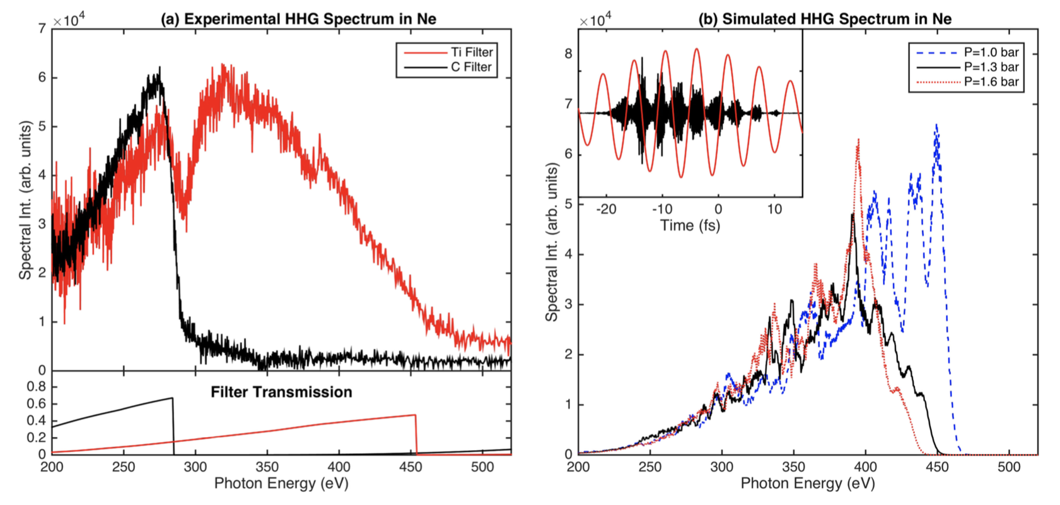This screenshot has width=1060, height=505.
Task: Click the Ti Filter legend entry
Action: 471,52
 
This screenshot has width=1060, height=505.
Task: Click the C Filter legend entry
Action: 471,67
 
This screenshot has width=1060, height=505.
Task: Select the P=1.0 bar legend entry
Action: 991,52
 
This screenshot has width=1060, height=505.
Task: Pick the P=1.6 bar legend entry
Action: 991,81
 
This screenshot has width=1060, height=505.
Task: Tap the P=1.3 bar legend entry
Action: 991,67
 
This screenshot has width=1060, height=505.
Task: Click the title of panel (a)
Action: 298,18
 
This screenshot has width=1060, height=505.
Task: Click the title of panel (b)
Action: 825,18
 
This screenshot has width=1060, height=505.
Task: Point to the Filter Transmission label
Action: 281,392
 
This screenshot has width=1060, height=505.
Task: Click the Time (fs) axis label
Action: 690,225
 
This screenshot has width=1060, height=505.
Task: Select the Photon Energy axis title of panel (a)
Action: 281,484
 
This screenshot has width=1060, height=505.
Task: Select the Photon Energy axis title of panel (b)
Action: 808,484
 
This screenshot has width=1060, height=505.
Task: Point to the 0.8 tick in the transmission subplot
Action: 38,386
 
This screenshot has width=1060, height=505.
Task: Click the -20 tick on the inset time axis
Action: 606,209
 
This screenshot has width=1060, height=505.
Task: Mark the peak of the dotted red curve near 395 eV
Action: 858,141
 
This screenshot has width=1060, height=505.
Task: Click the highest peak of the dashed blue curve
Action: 936,125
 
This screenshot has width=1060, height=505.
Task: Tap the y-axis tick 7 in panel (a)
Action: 42,28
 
